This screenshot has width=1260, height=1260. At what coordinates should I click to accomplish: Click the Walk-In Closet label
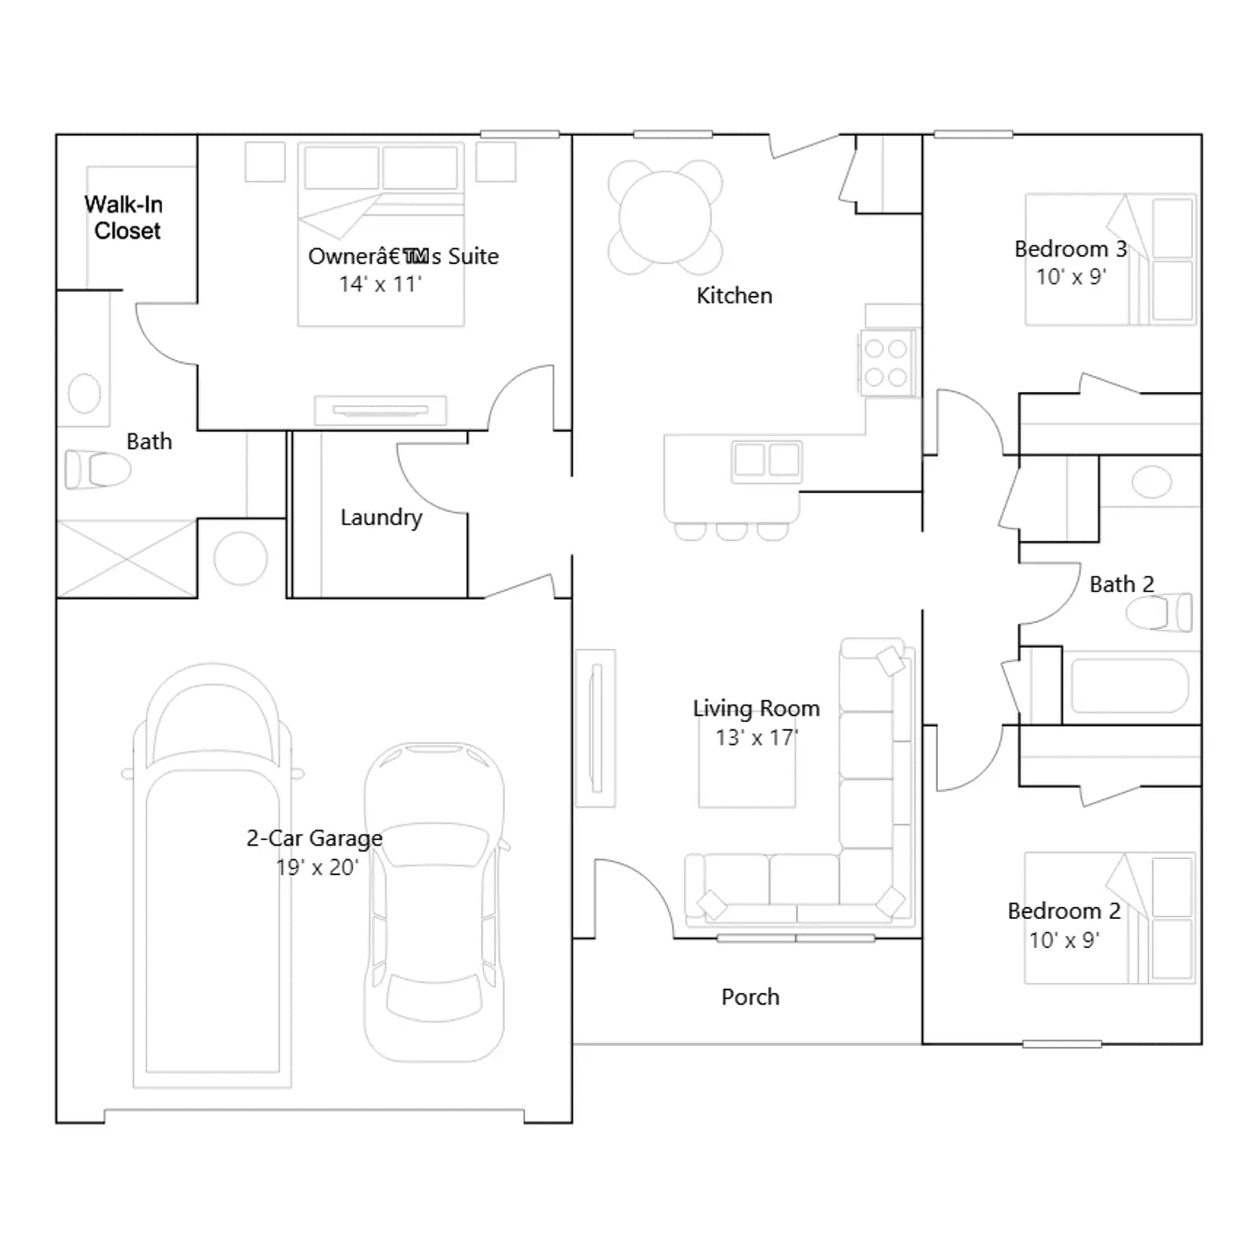click(x=124, y=217)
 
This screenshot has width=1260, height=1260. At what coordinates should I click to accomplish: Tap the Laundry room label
click(x=381, y=517)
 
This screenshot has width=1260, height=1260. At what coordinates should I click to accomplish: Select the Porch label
click(x=750, y=997)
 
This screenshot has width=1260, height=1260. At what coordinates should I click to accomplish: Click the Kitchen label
click(x=735, y=296)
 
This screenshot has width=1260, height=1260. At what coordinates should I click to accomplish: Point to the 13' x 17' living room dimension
click(x=756, y=738)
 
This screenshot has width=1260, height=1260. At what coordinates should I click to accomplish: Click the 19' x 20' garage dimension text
click(x=317, y=867)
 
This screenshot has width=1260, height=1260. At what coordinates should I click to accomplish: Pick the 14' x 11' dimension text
click(x=380, y=284)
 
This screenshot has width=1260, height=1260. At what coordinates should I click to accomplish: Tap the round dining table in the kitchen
click(x=665, y=217)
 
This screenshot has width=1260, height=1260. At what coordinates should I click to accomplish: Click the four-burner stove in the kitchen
click(x=888, y=362)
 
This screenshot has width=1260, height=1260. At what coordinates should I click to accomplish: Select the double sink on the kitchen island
click(x=767, y=461)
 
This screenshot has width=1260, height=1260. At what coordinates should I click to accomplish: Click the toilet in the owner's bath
click(x=98, y=469)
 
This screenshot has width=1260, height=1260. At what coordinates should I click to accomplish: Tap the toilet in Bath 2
click(x=1159, y=613)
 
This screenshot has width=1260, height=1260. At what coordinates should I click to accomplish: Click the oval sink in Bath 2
click(x=1151, y=481)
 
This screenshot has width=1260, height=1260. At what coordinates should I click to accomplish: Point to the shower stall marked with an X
click(x=127, y=558)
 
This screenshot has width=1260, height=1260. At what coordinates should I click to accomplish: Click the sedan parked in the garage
click(x=435, y=902)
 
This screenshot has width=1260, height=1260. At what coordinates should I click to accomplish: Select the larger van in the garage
click(x=213, y=876)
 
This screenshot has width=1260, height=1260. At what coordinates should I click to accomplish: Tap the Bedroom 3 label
click(x=1071, y=249)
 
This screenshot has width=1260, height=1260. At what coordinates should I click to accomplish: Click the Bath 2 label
click(x=1122, y=584)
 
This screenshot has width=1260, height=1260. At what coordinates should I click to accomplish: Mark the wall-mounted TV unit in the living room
click(x=596, y=728)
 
